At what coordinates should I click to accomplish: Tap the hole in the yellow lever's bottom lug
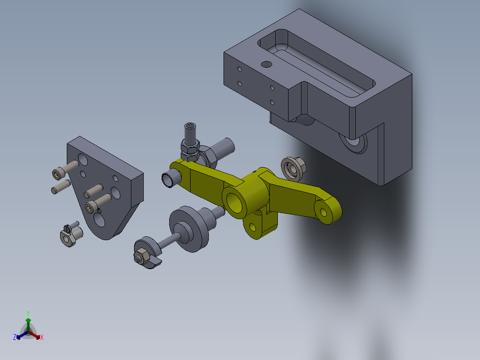point(253,227)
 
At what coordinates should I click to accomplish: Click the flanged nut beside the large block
point(293,168)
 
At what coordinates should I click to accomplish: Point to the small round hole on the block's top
point(266,64)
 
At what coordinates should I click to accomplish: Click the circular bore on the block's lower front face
point(355,142)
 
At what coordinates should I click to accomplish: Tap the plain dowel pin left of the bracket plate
point(60,186)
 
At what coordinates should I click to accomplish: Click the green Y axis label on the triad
point(28,313)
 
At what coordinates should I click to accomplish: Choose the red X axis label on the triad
point(42,338)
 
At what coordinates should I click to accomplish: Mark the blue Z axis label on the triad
point(15,338)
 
